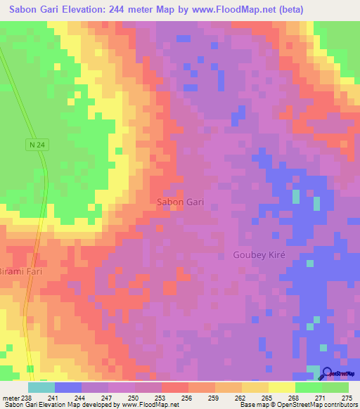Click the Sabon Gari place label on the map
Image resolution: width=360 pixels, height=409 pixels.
point(180,202)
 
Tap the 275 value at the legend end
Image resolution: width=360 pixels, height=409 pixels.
point(345,398)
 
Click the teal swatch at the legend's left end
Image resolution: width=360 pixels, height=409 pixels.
point(41,387)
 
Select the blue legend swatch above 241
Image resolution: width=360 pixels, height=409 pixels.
point(68,387)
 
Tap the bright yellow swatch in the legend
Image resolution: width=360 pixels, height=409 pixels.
point(281,387)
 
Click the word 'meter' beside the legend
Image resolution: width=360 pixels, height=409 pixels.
point(8,398)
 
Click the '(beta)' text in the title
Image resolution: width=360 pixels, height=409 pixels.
point(337,10)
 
